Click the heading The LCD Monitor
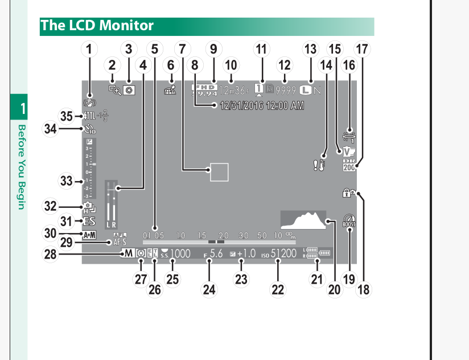pos(97,26)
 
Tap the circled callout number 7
pos(182,50)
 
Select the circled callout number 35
pos(67,117)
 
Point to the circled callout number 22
pos(277,289)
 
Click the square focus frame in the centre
pos(219,171)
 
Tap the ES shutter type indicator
pos(89,222)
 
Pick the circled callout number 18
pos(363,289)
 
